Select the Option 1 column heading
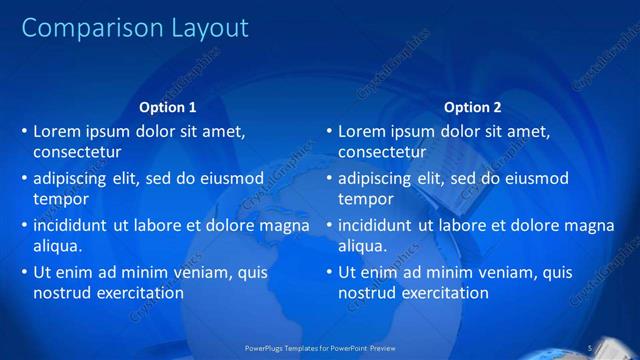click(x=168, y=107)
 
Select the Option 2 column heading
click(x=473, y=107)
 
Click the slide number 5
click(x=592, y=347)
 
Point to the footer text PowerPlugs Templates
click(x=289, y=347)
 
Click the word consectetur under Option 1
click(x=78, y=153)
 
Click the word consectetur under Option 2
click(x=383, y=153)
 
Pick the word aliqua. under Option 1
click(x=58, y=246)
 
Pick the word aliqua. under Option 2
click(x=363, y=246)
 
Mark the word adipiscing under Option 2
click(x=375, y=178)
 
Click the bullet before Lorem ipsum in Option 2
click(x=329, y=131)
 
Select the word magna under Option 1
click(x=285, y=225)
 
